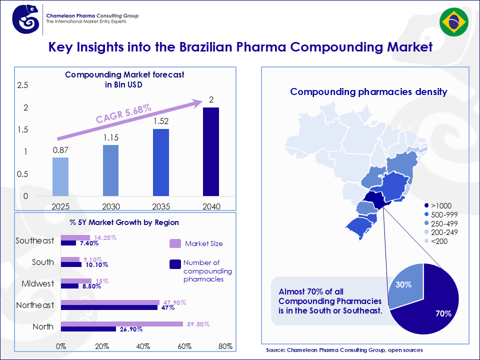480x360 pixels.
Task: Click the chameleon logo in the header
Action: pos(28,19)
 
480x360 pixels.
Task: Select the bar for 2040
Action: pos(211,151)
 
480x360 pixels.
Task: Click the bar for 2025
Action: pos(60,176)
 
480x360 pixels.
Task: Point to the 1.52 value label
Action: pos(160,121)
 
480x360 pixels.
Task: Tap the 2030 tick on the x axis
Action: pos(110,206)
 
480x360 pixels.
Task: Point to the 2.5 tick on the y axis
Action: pos(22,85)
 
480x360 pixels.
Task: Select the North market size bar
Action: pos(122,324)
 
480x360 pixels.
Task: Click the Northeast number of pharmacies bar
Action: pos(109,307)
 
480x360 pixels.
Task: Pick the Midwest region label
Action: pos(37,283)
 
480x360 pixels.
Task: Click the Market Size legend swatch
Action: pos(175,243)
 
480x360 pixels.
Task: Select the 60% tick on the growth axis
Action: pos(184,346)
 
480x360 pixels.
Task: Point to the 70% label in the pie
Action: pos(443,314)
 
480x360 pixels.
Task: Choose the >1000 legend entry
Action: pos(440,205)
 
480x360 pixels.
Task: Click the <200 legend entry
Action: pos(440,241)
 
